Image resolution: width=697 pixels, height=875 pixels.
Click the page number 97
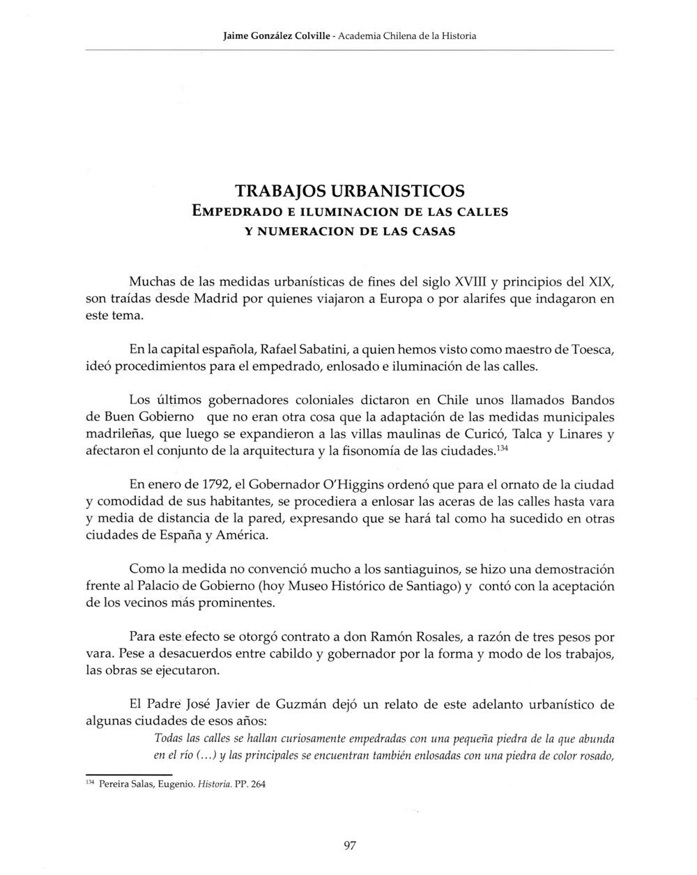click(350, 846)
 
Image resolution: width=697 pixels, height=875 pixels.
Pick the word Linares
click(578, 435)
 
